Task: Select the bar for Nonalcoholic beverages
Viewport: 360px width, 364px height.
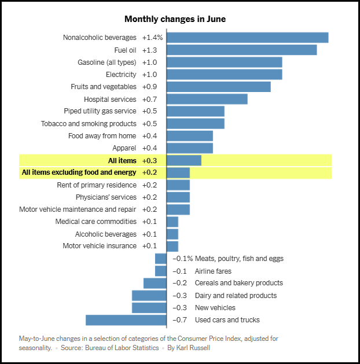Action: (x=247, y=38)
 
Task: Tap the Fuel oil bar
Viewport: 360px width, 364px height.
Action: (x=241, y=50)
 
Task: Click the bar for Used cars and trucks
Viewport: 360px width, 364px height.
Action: (x=126, y=320)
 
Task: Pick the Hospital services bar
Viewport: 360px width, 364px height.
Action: (x=207, y=99)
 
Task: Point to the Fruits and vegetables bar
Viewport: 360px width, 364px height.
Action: (x=218, y=87)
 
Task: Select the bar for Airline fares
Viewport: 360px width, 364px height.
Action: (x=161, y=271)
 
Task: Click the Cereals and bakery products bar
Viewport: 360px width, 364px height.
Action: (x=155, y=283)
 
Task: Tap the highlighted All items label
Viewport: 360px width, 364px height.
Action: (x=122, y=160)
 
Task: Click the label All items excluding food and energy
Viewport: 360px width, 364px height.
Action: (x=79, y=172)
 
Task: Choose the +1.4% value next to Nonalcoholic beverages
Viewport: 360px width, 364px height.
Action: (x=152, y=38)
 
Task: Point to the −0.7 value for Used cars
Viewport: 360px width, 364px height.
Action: (x=181, y=320)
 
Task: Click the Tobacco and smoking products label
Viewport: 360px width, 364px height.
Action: (x=89, y=124)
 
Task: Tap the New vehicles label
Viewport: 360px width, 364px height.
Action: (x=215, y=308)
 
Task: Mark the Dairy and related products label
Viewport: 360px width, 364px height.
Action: (x=236, y=296)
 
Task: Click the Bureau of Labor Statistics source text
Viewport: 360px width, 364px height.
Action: (x=122, y=348)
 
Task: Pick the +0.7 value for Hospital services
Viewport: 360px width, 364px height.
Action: (x=150, y=99)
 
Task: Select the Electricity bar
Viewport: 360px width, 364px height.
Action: (x=224, y=75)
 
